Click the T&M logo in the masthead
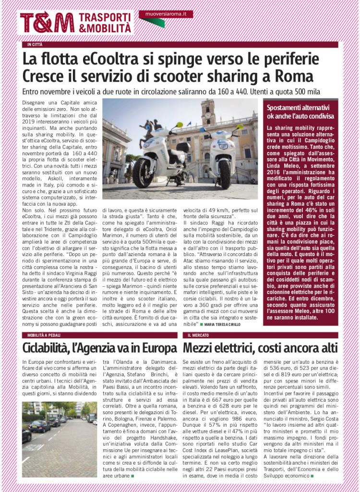(x=47, y=23)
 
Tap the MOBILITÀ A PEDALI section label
(x=46, y=334)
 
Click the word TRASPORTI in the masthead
(x=104, y=17)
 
